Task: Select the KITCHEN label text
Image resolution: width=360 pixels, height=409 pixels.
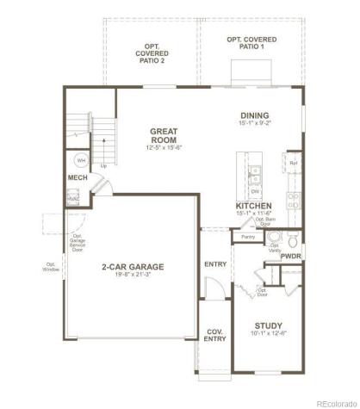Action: tap(255, 207)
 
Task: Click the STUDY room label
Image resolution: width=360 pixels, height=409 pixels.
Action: tap(268, 325)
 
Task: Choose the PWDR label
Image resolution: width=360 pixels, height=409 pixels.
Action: tap(291, 256)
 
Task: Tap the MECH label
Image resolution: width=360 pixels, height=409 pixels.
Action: tap(78, 177)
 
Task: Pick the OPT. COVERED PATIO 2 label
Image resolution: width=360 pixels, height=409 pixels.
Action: tap(152, 53)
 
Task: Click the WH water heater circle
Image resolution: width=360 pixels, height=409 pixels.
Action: tap(80, 160)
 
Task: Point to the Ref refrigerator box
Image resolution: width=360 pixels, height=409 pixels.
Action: tap(294, 164)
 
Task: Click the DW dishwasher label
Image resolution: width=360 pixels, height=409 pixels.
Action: tap(255, 190)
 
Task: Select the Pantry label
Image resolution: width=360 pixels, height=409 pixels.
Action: tap(248, 236)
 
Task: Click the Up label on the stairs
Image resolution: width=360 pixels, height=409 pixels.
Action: tap(104, 166)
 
